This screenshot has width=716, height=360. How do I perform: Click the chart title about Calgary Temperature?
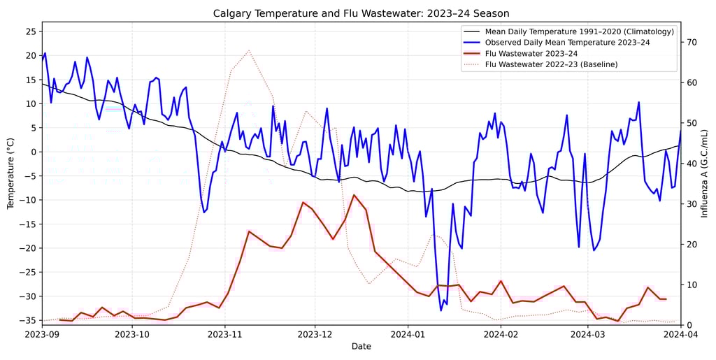pos(361,13)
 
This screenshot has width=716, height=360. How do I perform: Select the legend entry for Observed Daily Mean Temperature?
pos(567,43)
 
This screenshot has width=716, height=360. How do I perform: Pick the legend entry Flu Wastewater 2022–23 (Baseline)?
pos(551,64)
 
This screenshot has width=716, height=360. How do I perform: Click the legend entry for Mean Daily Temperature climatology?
pos(580,31)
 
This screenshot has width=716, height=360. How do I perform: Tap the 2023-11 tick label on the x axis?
pos(224,334)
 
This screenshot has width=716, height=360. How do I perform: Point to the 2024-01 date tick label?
pos(408,334)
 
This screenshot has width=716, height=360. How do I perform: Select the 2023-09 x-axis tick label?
pos(42,334)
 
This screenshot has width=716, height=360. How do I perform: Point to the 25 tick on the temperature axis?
pos(31,31)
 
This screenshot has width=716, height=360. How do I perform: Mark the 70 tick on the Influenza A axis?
pos(692,42)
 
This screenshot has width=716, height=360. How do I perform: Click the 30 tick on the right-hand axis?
pos(692,203)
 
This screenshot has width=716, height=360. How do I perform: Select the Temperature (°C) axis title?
pos(10,173)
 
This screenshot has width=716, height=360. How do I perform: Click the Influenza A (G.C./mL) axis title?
pos(705,173)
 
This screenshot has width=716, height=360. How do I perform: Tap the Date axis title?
pos(361,347)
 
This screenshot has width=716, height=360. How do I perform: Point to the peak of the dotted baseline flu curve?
pos(249,50)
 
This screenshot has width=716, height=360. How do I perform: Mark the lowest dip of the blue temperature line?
pos(441,310)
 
